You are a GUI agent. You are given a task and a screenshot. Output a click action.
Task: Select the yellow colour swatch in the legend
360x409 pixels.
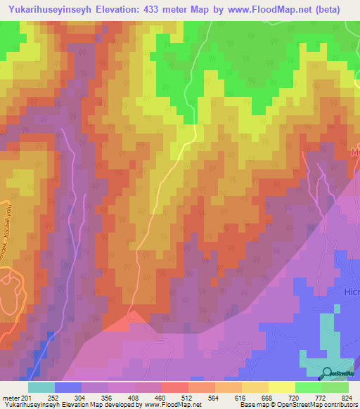tap(282, 387)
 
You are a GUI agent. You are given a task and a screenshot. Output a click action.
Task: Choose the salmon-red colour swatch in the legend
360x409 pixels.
tap(175, 387)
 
